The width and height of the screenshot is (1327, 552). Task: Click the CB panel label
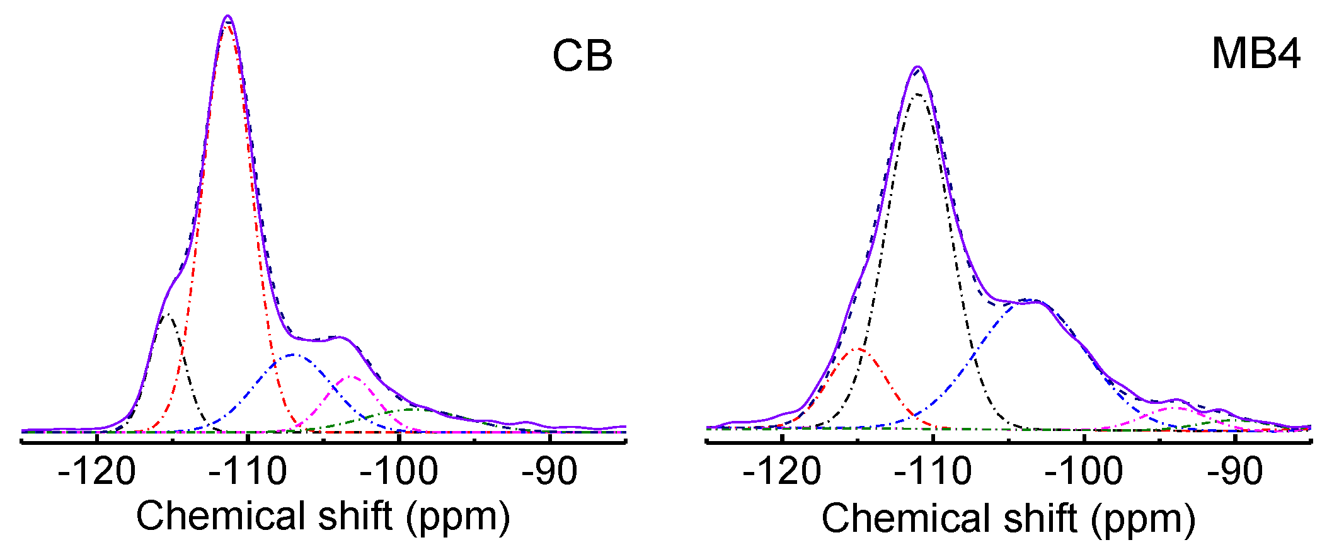pyautogui.click(x=582, y=57)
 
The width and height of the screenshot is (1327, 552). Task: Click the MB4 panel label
pyautogui.click(x=1256, y=54)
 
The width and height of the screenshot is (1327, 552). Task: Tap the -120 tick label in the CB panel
pyautogui.click(x=96, y=472)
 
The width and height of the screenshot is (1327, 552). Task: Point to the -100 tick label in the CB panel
pyautogui.click(x=399, y=472)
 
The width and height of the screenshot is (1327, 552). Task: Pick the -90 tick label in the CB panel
pyautogui.click(x=549, y=472)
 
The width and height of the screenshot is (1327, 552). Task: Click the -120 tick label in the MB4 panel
pyautogui.click(x=782, y=472)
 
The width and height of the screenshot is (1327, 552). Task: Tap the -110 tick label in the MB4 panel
pyautogui.click(x=933, y=472)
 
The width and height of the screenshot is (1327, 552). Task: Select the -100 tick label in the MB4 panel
pyautogui.click(x=1084, y=472)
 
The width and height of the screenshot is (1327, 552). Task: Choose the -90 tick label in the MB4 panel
pyautogui.click(x=1235, y=472)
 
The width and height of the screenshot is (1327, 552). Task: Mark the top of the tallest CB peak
pyautogui.click(x=227, y=16)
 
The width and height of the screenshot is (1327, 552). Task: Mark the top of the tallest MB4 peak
pyautogui.click(x=918, y=67)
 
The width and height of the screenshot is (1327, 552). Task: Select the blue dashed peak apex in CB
pyautogui.click(x=294, y=355)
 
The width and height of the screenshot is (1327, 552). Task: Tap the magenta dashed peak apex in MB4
pyautogui.click(x=1174, y=408)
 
